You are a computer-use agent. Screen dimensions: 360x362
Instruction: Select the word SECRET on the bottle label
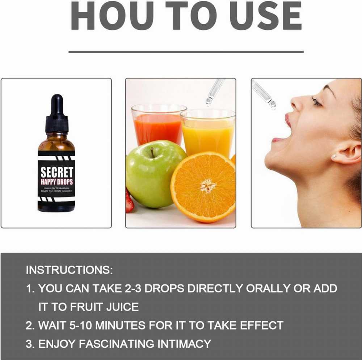56,173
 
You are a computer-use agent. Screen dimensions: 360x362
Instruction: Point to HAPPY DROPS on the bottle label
56,182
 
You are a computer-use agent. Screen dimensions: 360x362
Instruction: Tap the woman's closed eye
316,102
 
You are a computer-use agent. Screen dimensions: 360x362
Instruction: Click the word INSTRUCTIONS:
69,270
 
